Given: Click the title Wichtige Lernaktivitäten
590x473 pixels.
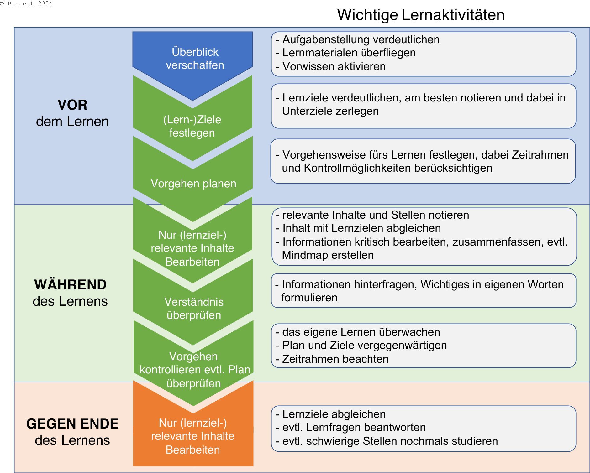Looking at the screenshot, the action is pyautogui.click(x=421, y=15).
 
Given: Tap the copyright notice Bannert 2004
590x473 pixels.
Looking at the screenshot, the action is pyautogui.click(x=26, y=3).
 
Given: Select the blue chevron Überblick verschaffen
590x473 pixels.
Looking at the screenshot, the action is pyautogui.click(x=192, y=63).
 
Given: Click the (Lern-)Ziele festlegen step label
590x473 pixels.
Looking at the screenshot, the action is pyautogui.click(x=192, y=126).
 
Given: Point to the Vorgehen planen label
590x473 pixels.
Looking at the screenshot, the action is pyautogui.click(x=193, y=184).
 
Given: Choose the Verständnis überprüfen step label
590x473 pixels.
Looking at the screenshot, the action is pyautogui.click(x=194, y=309).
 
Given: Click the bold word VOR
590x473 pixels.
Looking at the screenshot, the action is pyautogui.click(x=72, y=105).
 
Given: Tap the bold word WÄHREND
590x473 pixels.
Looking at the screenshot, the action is pyautogui.click(x=71, y=285).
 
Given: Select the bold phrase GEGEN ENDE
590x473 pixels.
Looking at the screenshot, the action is pyautogui.click(x=72, y=424).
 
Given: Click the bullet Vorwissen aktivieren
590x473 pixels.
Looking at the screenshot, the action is pyautogui.click(x=331, y=66).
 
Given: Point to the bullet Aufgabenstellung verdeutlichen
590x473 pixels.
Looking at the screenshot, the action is pyautogui.click(x=358, y=39).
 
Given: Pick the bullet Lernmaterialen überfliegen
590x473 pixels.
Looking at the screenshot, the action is pyautogui.click(x=346, y=53).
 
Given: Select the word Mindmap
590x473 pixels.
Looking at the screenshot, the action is pyautogui.click(x=304, y=255).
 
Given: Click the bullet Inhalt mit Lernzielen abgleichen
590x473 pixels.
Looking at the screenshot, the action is pyautogui.click(x=358, y=228).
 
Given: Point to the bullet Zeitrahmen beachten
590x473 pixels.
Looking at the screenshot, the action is pyautogui.click(x=332, y=359).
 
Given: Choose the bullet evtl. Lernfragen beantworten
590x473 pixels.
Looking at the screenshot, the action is pyautogui.click(x=351, y=427).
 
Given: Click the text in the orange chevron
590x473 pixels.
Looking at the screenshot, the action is pyautogui.click(x=192, y=436).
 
